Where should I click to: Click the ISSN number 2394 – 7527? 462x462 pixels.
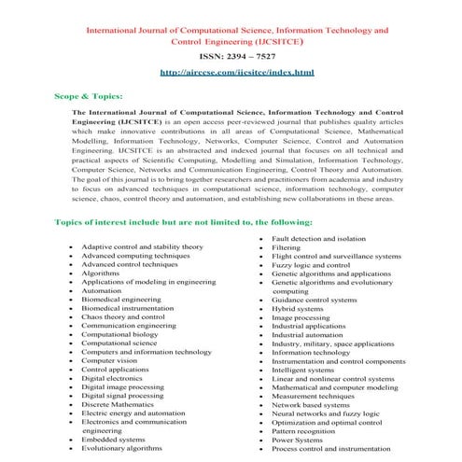[x=231, y=54]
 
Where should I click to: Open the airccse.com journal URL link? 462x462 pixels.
[x=231, y=72]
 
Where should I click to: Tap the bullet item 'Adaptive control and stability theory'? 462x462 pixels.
[x=142, y=246]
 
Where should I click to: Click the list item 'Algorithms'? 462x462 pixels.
[x=100, y=273]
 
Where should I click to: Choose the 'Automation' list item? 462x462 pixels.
[x=102, y=290]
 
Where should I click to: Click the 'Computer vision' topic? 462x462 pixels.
[x=110, y=360]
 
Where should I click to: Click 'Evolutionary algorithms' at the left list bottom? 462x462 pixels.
[x=121, y=448]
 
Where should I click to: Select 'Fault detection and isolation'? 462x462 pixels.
[x=318, y=239]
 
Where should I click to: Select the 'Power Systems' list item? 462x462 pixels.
[x=297, y=441]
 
